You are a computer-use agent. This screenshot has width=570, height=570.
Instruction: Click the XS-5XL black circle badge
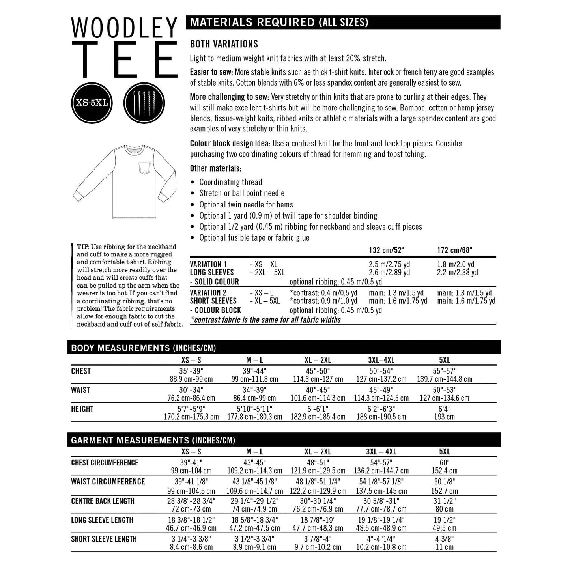pyautogui.click(x=91, y=103)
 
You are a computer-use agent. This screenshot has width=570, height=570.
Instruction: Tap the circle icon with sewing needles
pyautogui.click(x=146, y=103)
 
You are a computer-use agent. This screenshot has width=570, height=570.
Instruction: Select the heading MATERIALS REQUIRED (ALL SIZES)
pyautogui.click(x=279, y=22)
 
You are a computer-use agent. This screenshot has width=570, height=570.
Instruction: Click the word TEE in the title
pyautogui.click(x=124, y=60)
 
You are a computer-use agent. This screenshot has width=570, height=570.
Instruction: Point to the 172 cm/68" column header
pyautogui.click(x=454, y=250)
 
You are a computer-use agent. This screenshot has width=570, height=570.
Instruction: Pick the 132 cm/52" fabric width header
pyautogui.click(x=387, y=250)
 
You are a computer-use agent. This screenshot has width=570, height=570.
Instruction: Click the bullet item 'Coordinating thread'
pyautogui.click(x=230, y=182)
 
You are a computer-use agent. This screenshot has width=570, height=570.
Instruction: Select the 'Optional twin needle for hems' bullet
pyautogui.click(x=246, y=204)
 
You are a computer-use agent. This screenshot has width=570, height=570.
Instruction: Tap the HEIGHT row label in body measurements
pyautogui.click(x=82, y=409)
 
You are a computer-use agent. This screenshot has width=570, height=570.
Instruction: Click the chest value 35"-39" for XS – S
pyautogui.click(x=191, y=371)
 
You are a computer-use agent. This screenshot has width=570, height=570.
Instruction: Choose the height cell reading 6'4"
pyautogui.click(x=444, y=409)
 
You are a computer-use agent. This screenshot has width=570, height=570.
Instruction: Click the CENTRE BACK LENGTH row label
pyautogui.click(x=103, y=501)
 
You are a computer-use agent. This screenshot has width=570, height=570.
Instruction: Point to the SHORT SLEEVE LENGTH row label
pyautogui.click(x=104, y=539)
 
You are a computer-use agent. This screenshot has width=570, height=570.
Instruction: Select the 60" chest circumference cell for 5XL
pyautogui.click(x=444, y=463)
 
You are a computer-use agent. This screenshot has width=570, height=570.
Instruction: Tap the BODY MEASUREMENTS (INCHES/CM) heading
pyautogui.click(x=143, y=348)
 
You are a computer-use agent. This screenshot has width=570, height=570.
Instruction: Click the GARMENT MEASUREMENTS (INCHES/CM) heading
pyautogui.click(x=153, y=440)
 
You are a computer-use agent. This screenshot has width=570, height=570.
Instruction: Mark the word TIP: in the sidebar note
pyautogui.click(x=83, y=247)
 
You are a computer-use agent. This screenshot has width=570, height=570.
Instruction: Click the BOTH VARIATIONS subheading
pyautogui.click(x=224, y=44)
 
